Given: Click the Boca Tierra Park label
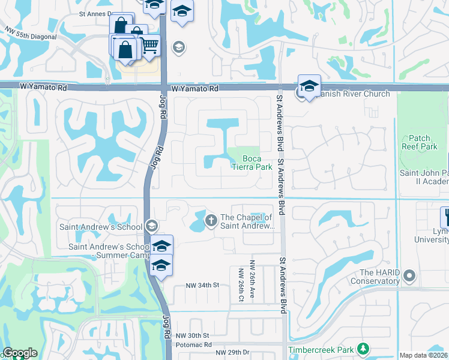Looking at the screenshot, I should pyautogui.click(x=252, y=163).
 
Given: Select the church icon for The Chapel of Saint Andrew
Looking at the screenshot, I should pyautogui.click(x=211, y=221).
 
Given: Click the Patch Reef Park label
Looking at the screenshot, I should pyautogui.click(x=420, y=142).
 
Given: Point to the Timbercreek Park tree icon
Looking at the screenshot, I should pyautogui.click(x=363, y=349).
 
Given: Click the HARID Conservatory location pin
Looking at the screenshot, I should pyautogui.click(x=409, y=276).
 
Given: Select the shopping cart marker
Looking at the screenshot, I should pyautogui.click(x=149, y=45).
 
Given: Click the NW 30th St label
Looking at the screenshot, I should pyautogui.click(x=191, y=335).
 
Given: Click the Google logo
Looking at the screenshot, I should pyautogui.click(x=20, y=353).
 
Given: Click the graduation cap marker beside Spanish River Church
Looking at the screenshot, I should pyautogui.click(x=309, y=86).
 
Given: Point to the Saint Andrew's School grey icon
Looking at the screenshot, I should pyautogui.click(x=151, y=226).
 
